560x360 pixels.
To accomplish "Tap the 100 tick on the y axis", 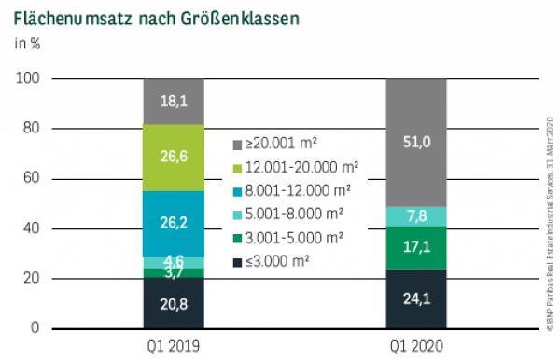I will point(29,79).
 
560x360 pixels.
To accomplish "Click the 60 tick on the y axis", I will point(33,179).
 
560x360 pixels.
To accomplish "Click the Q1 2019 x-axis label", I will point(174,344).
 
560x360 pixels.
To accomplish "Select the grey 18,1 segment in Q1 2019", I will point(174,102).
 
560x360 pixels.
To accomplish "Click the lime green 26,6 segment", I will point(174,157).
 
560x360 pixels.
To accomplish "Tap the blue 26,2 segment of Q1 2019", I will point(174,224).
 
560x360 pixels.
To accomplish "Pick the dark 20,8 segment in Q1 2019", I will point(174,303).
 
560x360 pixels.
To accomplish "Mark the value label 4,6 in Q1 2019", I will point(174,262).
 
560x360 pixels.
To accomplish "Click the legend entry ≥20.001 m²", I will point(280,145).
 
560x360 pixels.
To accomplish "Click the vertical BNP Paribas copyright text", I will point(550,215).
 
